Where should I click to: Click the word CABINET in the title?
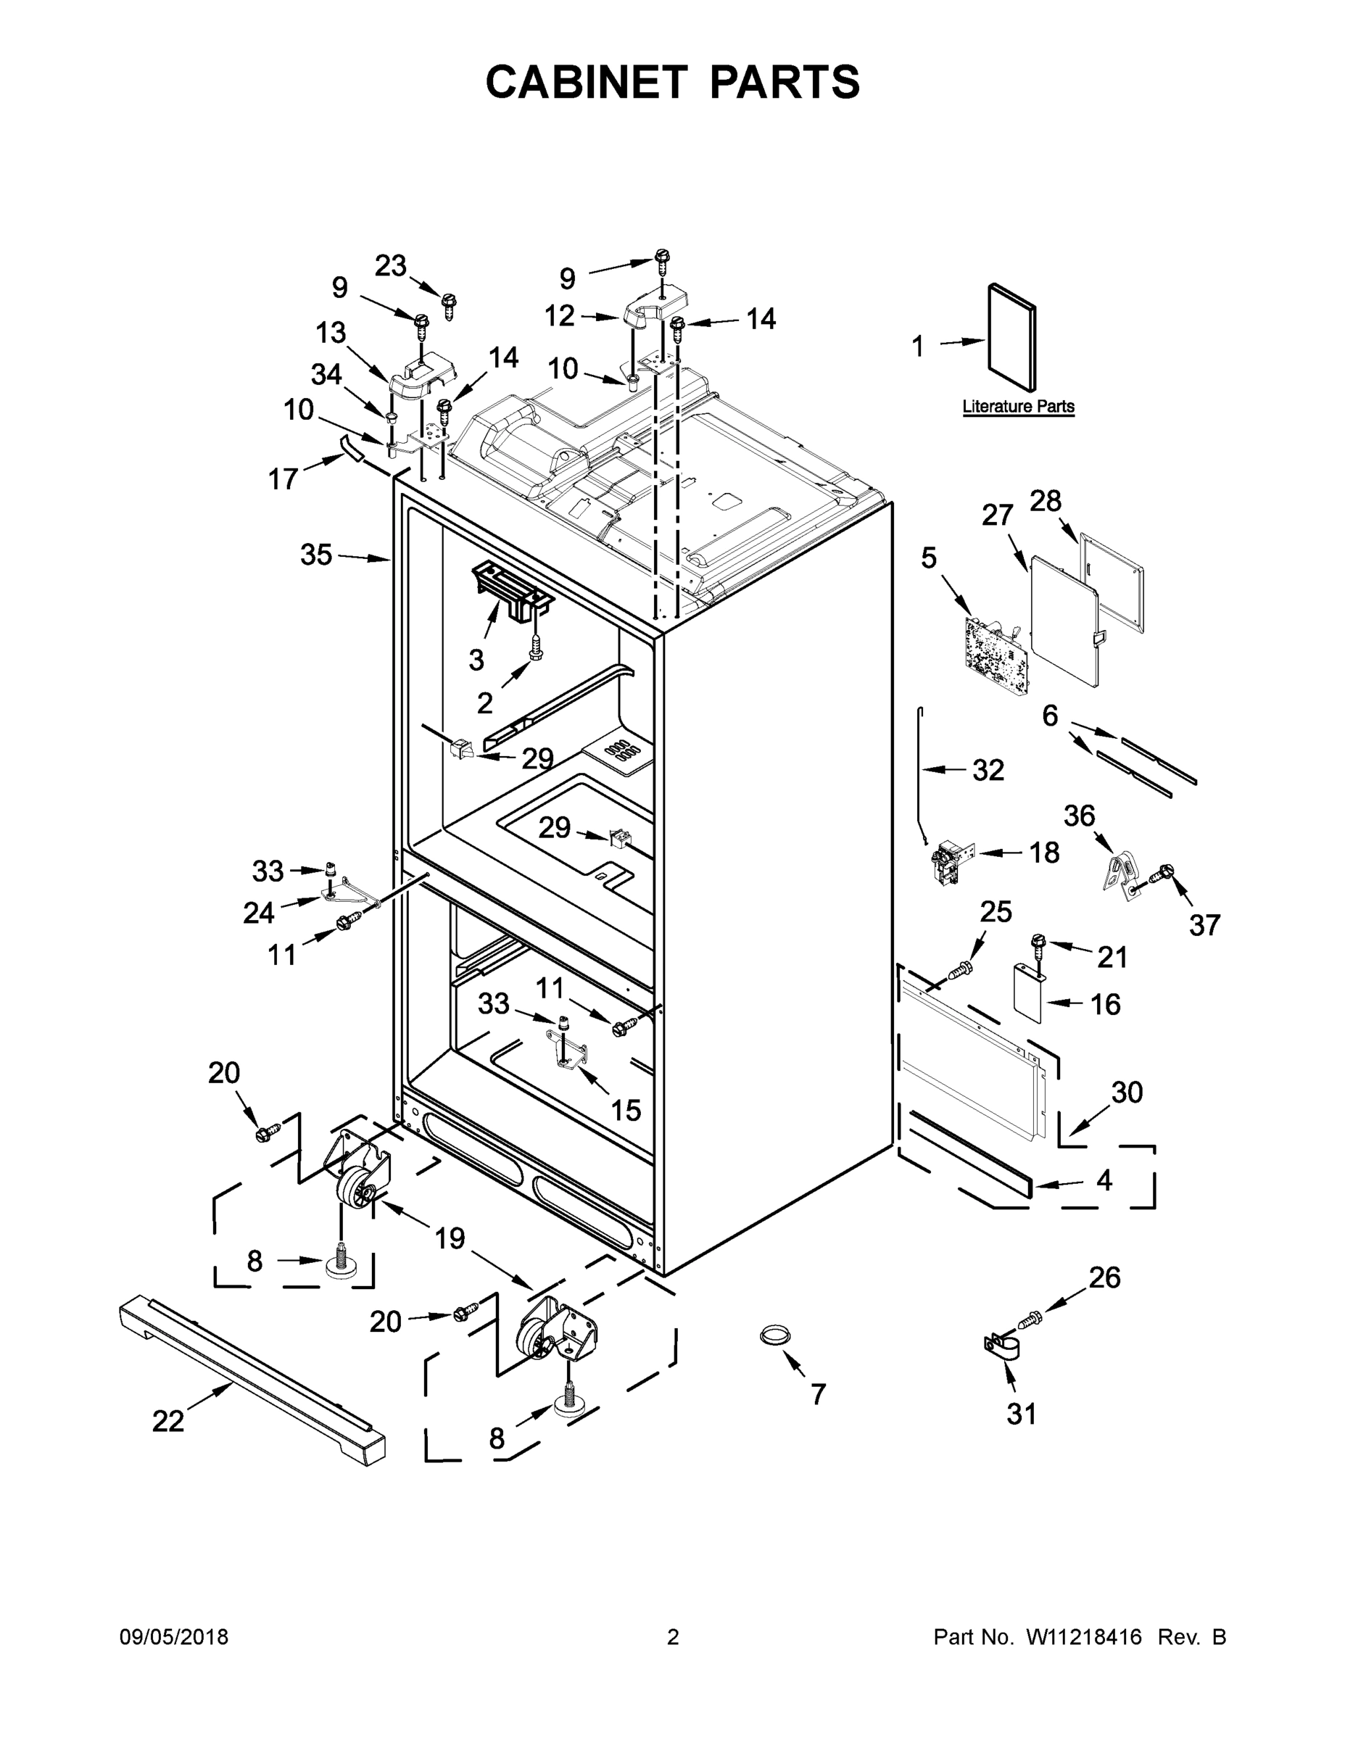point(587,82)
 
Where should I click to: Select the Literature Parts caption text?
point(1017,406)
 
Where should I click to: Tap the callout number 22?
point(168,1420)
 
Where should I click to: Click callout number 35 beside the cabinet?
point(315,555)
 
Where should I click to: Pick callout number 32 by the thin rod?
point(988,771)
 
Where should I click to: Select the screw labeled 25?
point(961,969)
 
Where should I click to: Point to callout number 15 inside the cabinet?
point(626,1110)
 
